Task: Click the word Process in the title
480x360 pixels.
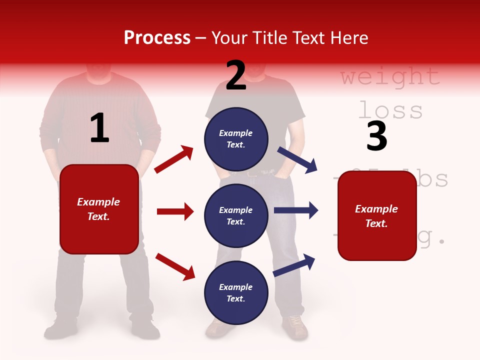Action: tap(157, 38)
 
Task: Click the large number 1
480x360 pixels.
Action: tap(99, 128)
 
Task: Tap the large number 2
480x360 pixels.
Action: tap(236, 75)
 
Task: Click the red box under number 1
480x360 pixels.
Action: tap(99, 209)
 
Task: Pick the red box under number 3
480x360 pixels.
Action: tap(377, 215)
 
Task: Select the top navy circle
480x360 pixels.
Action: tap(236, 139)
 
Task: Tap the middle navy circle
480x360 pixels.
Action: tap(236, 216)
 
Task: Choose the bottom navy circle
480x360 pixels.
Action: tap(236, 293)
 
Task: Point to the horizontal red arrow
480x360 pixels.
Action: tap(175, 211)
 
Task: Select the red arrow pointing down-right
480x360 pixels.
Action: tap(175, 266)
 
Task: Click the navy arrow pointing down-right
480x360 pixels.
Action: tap(297, 159)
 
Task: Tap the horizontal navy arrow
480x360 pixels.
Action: tap(295, 210)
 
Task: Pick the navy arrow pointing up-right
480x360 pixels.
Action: tap(294, 265)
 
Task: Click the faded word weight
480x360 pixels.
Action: tap(390, 77)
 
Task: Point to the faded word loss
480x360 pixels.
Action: tap(390, 110)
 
